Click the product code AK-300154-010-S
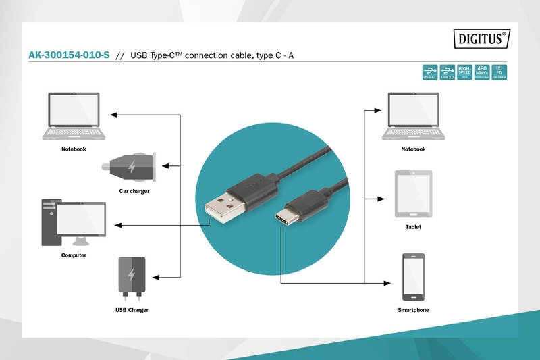[x=68, y=55]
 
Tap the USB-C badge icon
[x=429, y=72]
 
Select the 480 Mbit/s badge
[x=482, y=72]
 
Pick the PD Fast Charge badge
[x=499, y=72]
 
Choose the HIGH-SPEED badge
[x=464, y=72]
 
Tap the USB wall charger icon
[x=132, y=278]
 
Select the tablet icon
[x=413, y=194]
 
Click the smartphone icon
[x=412, y=277]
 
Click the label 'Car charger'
[x=134, y=191]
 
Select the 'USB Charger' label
[x=132, y=309]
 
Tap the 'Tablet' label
[x=413, y=227]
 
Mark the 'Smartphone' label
[x=413, y=309]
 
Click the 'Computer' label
[x=74, y=255]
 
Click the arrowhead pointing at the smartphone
[x=390, y=282]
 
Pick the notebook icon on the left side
[x=74, y=116]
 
